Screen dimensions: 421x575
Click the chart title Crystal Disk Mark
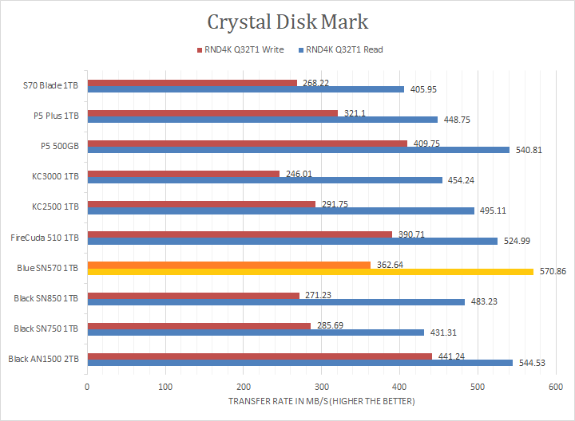pyautogui.click(x=287, y=22)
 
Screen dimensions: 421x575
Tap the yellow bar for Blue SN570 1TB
pyautogui.click(x=310, y=272)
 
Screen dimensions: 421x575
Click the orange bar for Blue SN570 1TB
pyautogui.click(x=228, y=265)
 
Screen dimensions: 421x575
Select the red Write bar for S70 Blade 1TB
pyautogui.click(x=192, y=82)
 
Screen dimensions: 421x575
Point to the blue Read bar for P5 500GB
pyautogui.click(x=298, y=149)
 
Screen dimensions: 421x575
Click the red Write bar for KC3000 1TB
pyautogui.click(x=183, y=173)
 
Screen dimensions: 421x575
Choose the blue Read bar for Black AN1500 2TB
pyautogui.click(x=299, y=363)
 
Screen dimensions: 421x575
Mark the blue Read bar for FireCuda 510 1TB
pyautogui.click(x=292, y=241)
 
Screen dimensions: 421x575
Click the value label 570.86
pyautogui.click(x=552, y=272)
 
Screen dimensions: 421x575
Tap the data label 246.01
pyautogui.click(x=296, y=173)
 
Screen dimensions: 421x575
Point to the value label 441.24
pyautogui.click(x=449, y=356)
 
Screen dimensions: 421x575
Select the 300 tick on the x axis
pyautogui.click(x=321, y=386)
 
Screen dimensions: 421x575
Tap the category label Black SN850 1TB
pyautogui.click(x=46, y=298)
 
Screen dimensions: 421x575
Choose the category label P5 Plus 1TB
pyautogui.click(x=55, y=116)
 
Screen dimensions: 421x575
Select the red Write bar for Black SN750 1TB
pyautogui.click(x=198, y=325)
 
